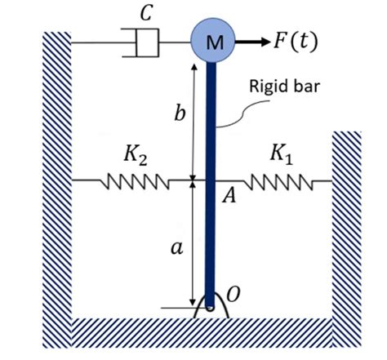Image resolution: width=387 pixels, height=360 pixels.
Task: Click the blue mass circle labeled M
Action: (212, 41)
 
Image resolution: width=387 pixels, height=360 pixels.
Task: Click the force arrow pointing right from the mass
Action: (250, 41)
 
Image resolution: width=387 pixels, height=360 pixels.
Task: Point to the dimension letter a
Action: (175, 250)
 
